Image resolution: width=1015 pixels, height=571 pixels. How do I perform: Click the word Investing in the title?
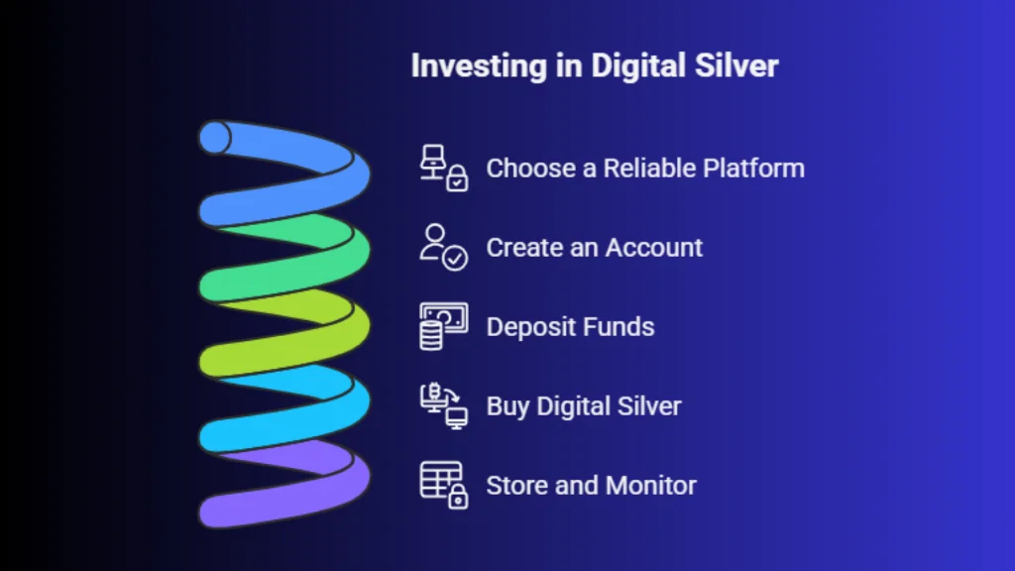click(x=479, y=66)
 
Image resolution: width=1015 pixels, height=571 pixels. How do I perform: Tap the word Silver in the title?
click(x=736, y=65)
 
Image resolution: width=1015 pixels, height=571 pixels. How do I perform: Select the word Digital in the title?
click(x=638, y=66)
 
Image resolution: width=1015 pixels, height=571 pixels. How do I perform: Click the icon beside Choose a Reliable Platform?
click(x=443, y=168)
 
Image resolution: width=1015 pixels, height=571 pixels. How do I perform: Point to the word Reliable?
click(x=649, y=169)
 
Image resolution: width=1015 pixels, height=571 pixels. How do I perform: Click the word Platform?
click(x=754, y=169)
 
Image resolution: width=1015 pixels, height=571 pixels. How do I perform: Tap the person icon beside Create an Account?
click(x=443, y=247)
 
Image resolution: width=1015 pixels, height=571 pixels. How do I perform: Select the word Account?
click(x=654, y=247)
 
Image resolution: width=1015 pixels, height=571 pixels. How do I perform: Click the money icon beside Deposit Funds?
click(x=443, y=326)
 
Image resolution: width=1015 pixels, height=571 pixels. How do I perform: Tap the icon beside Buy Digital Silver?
click(x=443, y=405)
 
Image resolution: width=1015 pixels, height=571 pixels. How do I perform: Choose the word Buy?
click(x=508, y=406)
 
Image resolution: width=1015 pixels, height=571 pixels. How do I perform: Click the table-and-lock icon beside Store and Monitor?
click(x=443, y=485)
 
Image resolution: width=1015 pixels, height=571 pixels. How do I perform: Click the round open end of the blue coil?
click(x=215, y=137)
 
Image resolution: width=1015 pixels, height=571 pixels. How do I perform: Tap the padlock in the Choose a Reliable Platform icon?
click(x=457, y=178)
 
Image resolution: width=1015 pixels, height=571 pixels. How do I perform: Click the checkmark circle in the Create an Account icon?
click(x=455, y=259)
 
